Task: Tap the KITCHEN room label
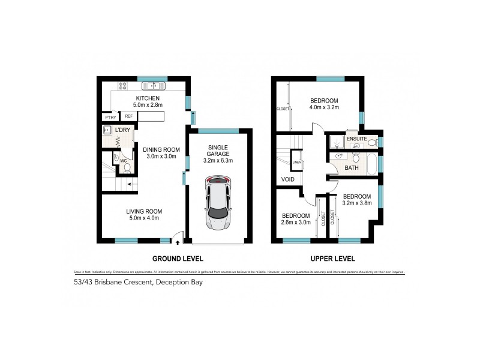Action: (147, 98)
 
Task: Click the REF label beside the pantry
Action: (128, 116)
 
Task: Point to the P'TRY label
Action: (110, 116)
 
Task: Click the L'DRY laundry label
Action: (123, 130)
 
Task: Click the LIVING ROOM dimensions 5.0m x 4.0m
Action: (145, 219)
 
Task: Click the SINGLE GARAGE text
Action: (219, 150)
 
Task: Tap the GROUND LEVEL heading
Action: (178, 259)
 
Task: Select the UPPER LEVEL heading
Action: (333, 259)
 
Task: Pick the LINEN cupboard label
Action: (296, 162)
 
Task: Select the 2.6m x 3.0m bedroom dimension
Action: (296, 223)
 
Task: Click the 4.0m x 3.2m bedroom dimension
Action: (325, 108)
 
